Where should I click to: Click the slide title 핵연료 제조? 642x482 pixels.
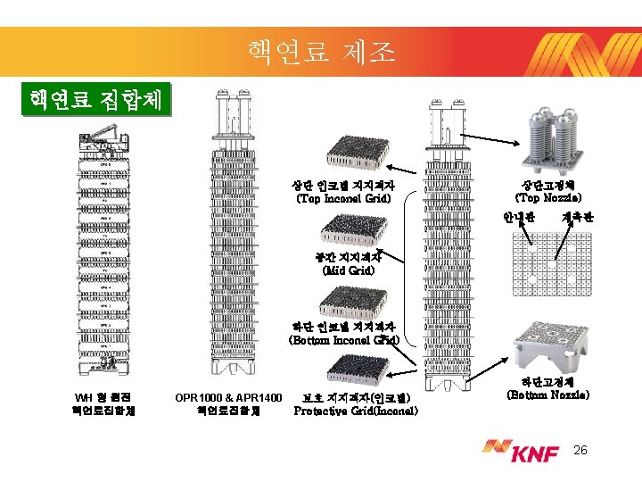321,53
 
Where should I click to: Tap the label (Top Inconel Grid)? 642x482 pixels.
343,198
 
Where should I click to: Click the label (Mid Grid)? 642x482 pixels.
349,269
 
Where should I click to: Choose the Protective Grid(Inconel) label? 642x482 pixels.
356,411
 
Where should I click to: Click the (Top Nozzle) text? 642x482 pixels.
549,197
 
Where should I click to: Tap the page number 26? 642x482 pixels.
580,452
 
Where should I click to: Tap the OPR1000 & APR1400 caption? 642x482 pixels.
228,404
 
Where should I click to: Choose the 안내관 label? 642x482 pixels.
518,218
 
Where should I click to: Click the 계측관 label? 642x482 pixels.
579,218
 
